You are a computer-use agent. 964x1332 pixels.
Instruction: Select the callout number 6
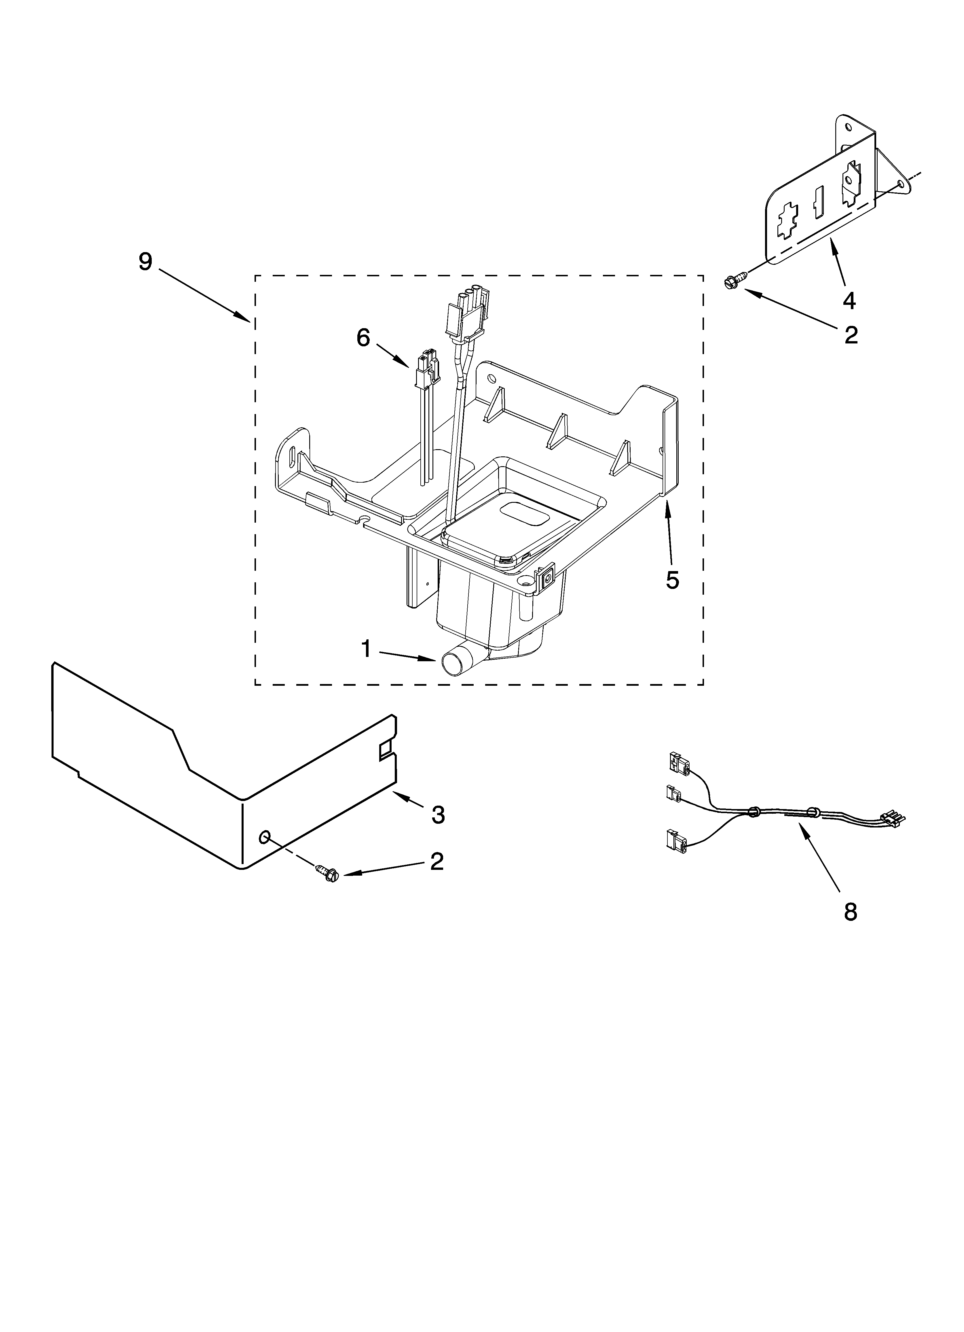pyautogui.click(x=363, y=338)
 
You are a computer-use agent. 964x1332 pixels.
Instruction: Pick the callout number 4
pyautogui.click(x=849, y=301)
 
